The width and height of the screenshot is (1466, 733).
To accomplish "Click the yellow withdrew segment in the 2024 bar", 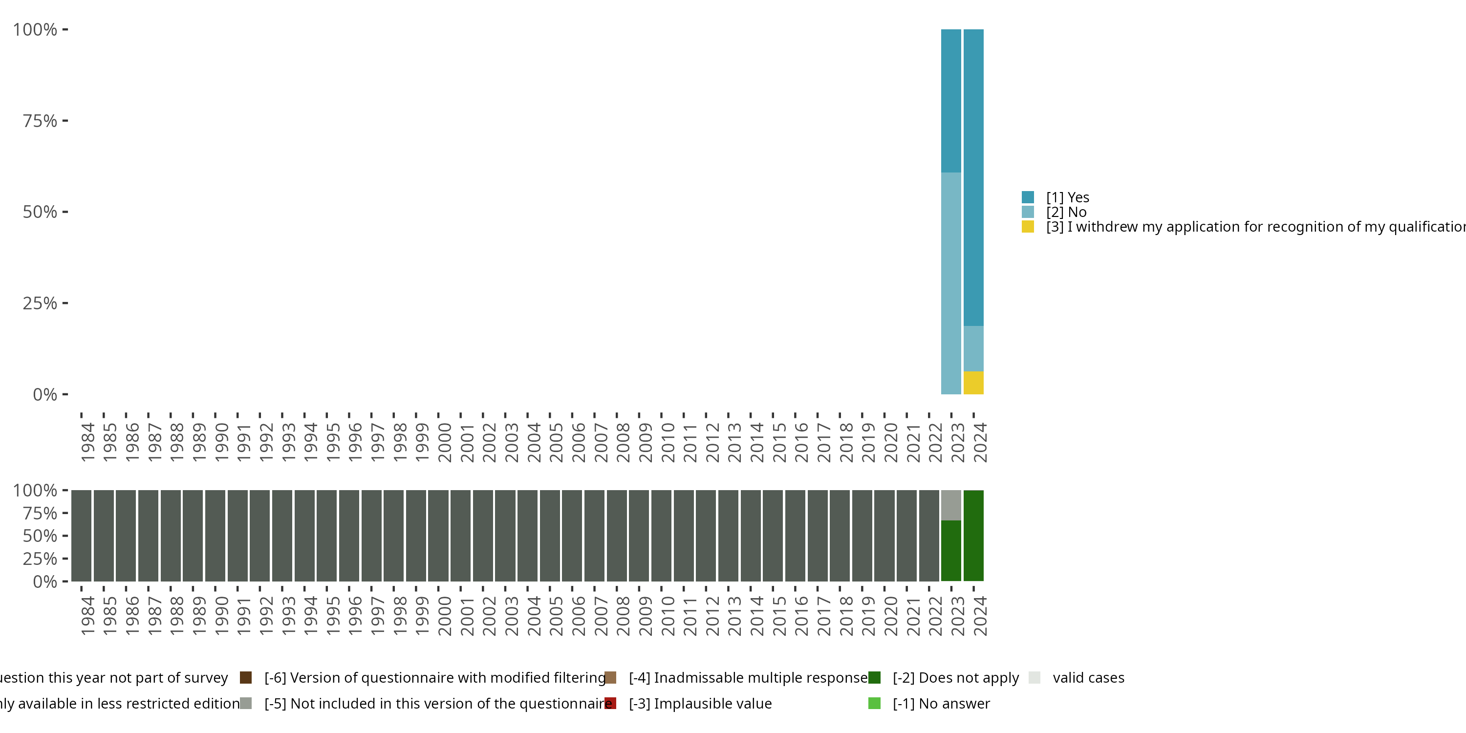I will point(973,383).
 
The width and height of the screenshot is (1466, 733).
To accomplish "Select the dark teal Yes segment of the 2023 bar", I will point(951,101).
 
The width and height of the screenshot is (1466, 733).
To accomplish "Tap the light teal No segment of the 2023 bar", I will point(951,283).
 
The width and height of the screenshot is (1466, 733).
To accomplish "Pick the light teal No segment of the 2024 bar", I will point(973,348).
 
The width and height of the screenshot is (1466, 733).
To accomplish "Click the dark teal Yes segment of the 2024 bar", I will point(973,177).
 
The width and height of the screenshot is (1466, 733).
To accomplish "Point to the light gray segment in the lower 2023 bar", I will point(951,505).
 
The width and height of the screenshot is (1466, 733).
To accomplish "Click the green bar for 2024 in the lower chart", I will point(973,535).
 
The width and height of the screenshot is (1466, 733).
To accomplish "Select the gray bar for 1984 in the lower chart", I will point(82,535).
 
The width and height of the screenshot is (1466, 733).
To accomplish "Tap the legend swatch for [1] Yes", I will point(1027,197).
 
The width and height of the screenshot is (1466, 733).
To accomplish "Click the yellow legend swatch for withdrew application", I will point(1027,227).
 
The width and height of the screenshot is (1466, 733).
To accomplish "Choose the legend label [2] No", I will point(1066,212).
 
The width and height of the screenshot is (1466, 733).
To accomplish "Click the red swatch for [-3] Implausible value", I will point(610,703).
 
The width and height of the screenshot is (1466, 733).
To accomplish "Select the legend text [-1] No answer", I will point(941,703).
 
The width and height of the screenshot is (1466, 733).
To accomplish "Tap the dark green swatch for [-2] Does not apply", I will point(874,678).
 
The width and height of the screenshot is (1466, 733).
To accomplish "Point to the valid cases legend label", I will point(1088,678).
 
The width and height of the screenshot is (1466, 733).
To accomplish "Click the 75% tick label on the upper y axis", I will point(40,121).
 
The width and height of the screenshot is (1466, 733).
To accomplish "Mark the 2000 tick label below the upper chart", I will point(445,442).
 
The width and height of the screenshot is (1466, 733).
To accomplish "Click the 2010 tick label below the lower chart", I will point(668,616).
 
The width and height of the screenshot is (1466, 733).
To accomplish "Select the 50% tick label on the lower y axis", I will point(40,536).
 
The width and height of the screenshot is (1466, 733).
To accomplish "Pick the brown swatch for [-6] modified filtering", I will point(246,678).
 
